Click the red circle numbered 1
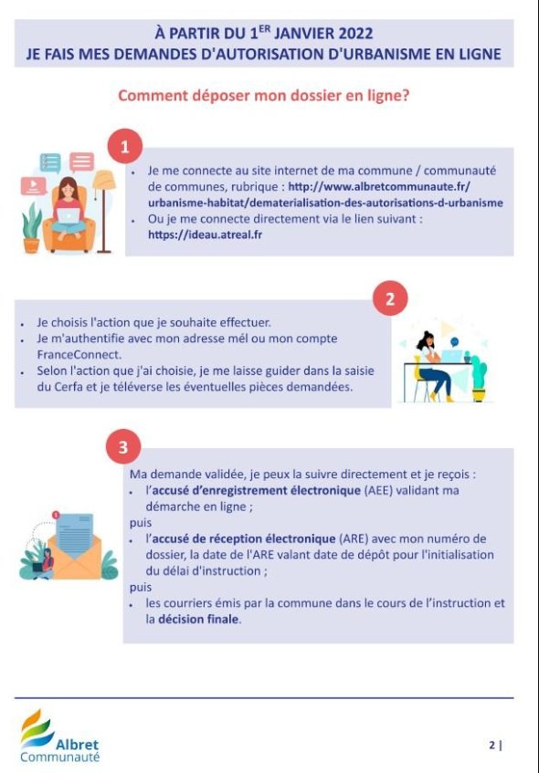125,146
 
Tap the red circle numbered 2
390,298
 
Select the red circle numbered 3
123,447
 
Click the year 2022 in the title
356,34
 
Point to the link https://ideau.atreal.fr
205,235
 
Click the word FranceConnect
79,354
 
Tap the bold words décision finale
198,619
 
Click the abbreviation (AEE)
378,490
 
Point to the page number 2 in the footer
492,745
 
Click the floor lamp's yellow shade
103,180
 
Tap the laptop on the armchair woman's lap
69,215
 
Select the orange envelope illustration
75,557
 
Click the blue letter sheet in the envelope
75,535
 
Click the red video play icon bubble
34,186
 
